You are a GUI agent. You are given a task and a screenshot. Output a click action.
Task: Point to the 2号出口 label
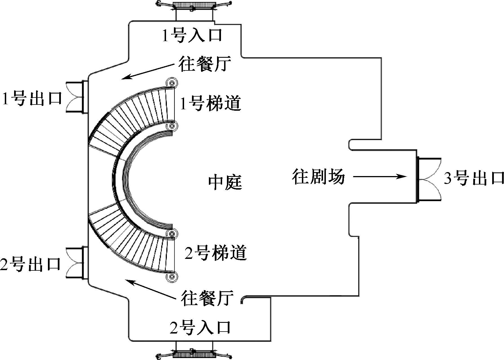(x=31, y=264)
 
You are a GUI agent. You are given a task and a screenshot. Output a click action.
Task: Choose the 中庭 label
(x=225, y=182)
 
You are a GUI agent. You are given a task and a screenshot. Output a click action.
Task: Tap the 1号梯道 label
(x=211, y=104)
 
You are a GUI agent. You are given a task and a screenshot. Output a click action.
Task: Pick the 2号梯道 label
(x=216, y=253)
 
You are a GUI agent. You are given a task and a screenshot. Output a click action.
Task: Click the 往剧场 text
(x=318, y=177)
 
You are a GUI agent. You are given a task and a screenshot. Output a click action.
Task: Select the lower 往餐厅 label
(x=207, y=298)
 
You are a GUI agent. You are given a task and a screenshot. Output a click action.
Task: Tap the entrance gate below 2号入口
(x=194, y=354)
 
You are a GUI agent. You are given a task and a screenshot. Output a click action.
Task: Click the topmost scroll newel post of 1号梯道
(x=171, y=83)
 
